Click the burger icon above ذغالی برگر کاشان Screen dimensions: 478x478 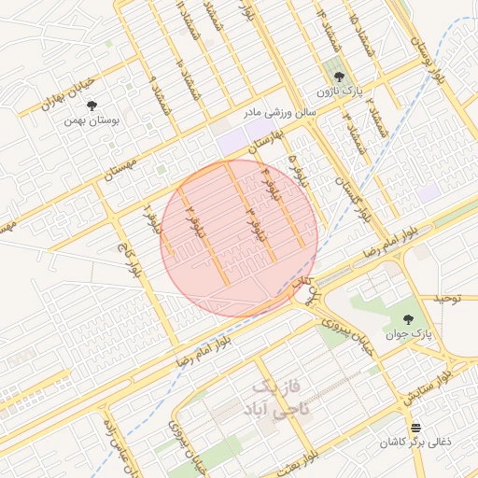[415, 427]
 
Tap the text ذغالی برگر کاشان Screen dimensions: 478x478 [415, 442]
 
